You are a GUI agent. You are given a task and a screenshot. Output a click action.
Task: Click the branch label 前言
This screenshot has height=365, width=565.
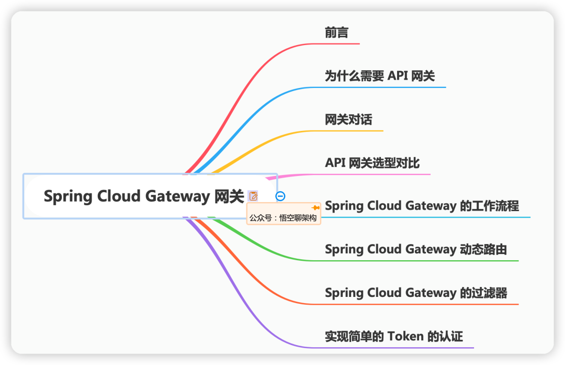[336, 33]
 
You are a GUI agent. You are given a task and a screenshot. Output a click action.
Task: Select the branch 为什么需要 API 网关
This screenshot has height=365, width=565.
[380, 76]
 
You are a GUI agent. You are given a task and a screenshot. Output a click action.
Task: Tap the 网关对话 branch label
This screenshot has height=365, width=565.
[348, 120]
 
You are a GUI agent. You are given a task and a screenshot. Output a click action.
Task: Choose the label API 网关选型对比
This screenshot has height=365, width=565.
[372, 163]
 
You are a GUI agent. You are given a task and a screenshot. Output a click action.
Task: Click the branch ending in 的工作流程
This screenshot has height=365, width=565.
[422, 206]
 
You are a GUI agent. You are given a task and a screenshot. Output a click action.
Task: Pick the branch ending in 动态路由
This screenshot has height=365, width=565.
[416, 249]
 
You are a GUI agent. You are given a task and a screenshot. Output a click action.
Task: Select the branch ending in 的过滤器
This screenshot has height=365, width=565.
[416, 293]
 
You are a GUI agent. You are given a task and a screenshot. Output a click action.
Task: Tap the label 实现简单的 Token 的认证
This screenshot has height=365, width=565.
[394, 336]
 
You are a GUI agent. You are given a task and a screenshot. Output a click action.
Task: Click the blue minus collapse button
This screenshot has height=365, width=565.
[280, 196]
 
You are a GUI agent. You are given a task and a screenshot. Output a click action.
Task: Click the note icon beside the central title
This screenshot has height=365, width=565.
[254, 196]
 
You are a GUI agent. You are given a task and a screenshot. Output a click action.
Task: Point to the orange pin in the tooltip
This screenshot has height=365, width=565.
[315, 208]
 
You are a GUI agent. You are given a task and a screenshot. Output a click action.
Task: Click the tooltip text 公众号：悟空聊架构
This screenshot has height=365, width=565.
[283, 218]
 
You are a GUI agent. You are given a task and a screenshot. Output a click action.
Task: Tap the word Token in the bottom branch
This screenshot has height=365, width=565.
[405, 336]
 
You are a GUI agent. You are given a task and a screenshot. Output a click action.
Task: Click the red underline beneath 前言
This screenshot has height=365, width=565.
[342, 43]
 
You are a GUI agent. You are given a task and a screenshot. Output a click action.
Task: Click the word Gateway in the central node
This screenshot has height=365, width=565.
[177, 196]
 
